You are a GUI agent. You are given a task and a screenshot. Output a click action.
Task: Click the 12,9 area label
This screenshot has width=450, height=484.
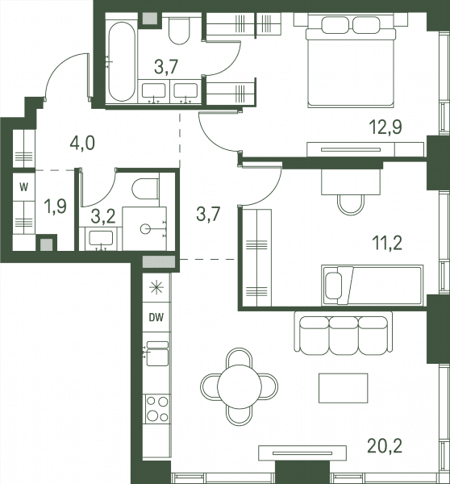(x=385, y=127)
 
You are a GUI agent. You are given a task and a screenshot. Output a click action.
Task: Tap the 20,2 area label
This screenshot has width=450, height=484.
(x=385, y=446)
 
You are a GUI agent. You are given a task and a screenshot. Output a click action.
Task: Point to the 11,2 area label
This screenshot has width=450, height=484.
(x=387, y=244)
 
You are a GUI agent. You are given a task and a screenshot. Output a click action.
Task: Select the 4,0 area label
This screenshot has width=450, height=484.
(x=82, y=144)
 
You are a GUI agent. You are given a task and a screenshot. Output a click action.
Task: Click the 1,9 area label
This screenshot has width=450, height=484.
(x=56, y=207)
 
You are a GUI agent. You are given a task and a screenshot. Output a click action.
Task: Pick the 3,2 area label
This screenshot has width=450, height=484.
(x=103, y=217)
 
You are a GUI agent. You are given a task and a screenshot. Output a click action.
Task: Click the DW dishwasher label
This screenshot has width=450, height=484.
(x=156, y=317)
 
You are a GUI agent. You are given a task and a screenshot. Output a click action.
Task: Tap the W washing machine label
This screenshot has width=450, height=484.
(x=23, y=187)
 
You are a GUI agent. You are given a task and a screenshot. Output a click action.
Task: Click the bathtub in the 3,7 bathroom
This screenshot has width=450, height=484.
(x=122, y=61)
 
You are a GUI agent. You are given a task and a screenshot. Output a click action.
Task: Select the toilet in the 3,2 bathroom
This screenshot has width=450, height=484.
(x=145, y=188)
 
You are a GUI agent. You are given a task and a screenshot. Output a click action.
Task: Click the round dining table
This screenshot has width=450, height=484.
(x=240, y=386)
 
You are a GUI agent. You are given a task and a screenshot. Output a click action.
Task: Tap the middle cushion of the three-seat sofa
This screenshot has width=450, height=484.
(x=344, y=336)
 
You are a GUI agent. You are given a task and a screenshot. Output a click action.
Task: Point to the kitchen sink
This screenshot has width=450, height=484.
(x=157, y=354)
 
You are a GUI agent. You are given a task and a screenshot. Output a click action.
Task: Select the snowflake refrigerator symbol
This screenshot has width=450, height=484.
(x=156, y=288)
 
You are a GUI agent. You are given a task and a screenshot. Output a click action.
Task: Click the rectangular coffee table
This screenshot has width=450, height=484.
(x=344, y=388)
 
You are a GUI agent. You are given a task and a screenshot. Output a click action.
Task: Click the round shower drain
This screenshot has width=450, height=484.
(x=145, y=229)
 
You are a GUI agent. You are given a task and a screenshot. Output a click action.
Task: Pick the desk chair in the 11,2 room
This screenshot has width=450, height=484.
(x=351, y=205)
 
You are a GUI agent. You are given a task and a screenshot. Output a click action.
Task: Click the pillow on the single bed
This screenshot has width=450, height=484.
(x=334, y=286)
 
